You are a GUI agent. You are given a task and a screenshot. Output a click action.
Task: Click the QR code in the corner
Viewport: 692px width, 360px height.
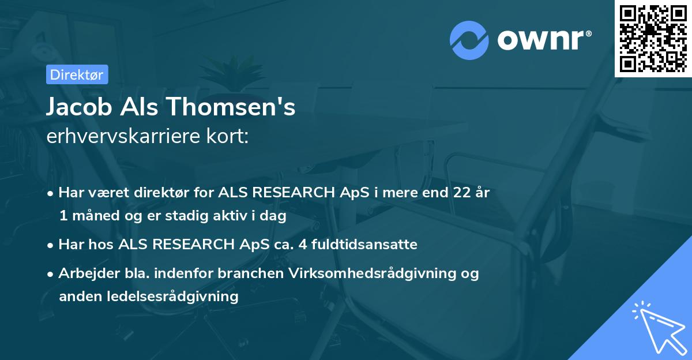(653, 38)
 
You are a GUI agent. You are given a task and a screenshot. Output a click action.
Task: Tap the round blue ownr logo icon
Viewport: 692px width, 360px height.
(470, 40)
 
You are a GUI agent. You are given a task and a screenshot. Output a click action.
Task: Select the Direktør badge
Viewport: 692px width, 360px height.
(76, 74)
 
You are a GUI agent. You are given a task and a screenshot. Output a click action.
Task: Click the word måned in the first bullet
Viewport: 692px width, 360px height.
(94, 216)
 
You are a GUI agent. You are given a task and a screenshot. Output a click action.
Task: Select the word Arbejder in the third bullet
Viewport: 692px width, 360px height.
(84, 273)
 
